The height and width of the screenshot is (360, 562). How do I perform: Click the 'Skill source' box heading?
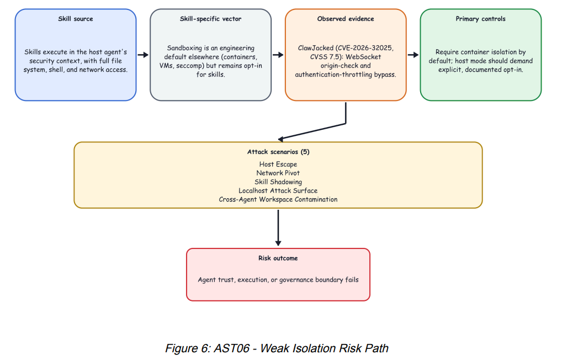(x=76, y=19)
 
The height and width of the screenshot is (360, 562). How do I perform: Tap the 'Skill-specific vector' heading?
(x=210, y=19)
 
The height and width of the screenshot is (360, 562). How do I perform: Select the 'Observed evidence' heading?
(x=346, y=19)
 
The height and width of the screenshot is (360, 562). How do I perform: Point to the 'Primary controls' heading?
(x=481, y=19)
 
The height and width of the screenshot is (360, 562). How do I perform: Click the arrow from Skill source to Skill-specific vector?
(x=143, y=55)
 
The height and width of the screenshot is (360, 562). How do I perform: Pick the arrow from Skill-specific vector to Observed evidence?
(x=278, y=55)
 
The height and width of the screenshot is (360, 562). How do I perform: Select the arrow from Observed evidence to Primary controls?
(x=413, y=55)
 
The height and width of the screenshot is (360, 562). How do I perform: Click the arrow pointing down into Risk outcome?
(x=278, y=227)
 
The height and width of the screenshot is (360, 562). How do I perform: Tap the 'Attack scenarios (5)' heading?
(x=278, y=152)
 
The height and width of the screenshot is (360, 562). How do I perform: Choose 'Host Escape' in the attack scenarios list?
(x=278, y=164)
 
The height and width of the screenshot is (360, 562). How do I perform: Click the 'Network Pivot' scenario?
(x=278, y=173)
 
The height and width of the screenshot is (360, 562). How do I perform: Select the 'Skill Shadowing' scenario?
(x=278, y=182)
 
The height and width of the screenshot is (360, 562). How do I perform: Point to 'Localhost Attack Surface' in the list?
(x=278, y=190)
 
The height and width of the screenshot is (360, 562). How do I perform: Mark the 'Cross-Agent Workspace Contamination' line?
(x=278, y=199)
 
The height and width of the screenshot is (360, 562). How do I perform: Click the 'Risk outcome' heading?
(x=278, y=258)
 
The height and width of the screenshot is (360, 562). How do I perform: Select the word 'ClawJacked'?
(x=316, y=48)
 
